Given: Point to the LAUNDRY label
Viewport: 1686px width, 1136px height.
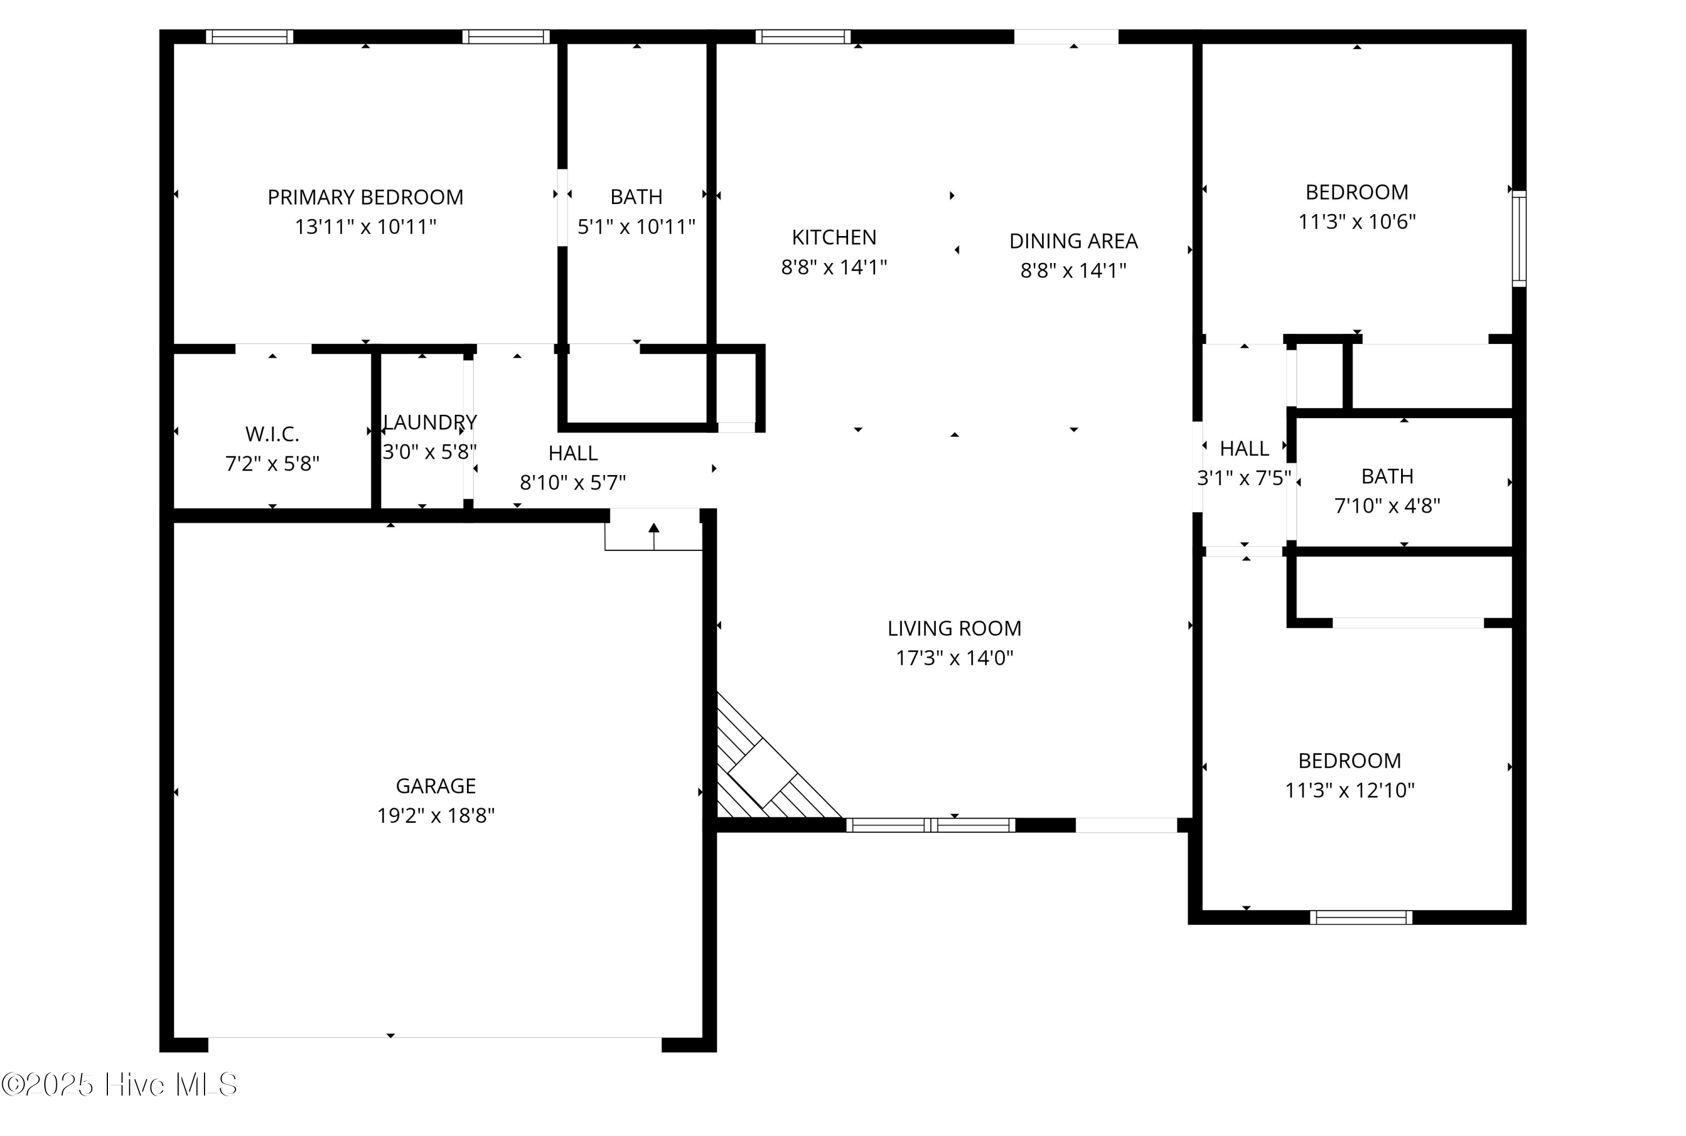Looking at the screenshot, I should pos(429,422).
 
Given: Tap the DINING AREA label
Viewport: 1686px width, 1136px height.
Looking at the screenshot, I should pos(1073,241).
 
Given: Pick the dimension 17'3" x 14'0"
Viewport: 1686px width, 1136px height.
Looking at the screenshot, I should pos(954,658).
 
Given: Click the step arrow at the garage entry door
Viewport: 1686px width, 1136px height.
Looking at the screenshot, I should pos(654,535).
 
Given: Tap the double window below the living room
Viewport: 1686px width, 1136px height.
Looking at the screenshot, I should pos(931,825).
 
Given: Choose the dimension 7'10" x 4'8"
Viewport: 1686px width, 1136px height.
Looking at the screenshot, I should pos(1387,506).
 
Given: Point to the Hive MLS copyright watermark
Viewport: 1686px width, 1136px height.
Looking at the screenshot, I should pos(120,1084).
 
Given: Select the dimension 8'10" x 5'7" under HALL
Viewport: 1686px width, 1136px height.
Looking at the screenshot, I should pos(572,482).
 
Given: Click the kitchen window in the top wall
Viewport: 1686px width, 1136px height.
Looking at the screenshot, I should pos(803,36).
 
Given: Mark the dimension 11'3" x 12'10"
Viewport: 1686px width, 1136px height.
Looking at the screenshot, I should pos(1349,790).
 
